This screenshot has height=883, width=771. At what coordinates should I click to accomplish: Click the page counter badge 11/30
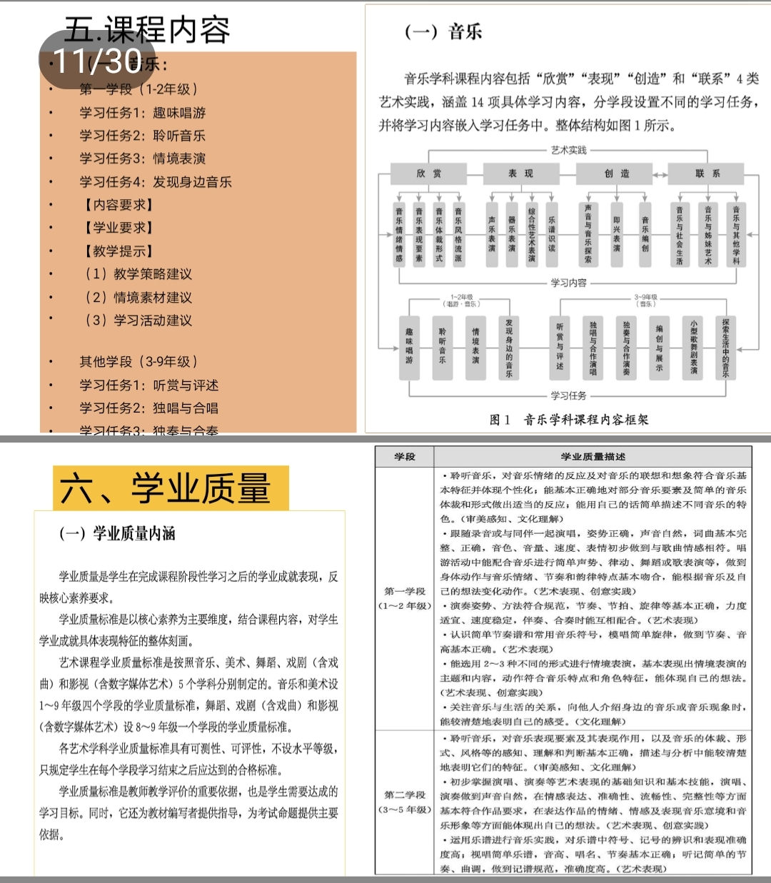99,61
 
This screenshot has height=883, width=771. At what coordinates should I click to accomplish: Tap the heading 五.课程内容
148,30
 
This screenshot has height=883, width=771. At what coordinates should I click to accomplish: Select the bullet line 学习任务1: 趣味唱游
142,113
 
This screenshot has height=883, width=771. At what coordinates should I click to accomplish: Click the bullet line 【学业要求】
119,228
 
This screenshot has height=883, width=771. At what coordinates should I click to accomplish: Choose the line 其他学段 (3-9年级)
138,362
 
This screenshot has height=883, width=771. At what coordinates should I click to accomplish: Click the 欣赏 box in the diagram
429,173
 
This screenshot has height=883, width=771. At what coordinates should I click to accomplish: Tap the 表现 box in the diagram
520,173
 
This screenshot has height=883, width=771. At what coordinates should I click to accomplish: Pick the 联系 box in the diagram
707,173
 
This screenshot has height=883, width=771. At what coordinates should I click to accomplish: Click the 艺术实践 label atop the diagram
569,150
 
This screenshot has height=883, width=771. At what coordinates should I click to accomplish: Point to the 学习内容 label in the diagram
568,283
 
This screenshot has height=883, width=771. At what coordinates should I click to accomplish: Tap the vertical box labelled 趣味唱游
409,346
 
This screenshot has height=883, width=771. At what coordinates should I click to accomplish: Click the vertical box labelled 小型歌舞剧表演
693,347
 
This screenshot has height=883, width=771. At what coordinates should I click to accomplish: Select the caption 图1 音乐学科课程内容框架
569,420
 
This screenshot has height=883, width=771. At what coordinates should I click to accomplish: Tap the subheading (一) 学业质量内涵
117,533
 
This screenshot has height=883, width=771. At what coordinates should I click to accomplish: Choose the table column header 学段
405,457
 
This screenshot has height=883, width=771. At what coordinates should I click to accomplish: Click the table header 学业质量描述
593,457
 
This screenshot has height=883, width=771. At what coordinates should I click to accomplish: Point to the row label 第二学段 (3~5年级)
405,802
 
